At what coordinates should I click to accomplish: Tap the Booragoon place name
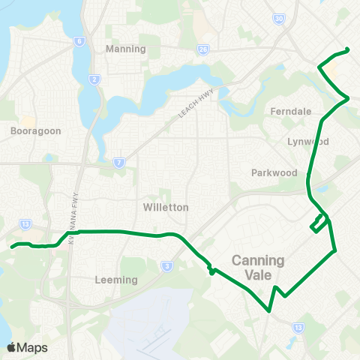(x=36, y=130)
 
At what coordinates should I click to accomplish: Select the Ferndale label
(x=290, y=111)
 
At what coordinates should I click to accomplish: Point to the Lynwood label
(x=308, y=141)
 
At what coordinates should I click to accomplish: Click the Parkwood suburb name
(x=274, y=172)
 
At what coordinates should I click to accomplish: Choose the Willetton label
(x=166, y=206)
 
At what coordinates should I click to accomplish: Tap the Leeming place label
(x=117, y=280)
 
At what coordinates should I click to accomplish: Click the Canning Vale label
(x=257, y=268)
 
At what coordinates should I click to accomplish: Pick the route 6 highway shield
(x=78, y=43)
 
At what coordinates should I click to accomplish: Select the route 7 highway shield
(x=119, y=161)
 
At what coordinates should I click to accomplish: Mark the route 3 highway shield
(x=166, y=265)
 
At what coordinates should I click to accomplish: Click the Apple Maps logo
(x=27, y=347)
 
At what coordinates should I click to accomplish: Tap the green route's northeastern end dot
(x=347, y=50)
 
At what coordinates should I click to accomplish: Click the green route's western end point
(x=12, y=246)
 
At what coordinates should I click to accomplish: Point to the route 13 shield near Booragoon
(x=25, y=223)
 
